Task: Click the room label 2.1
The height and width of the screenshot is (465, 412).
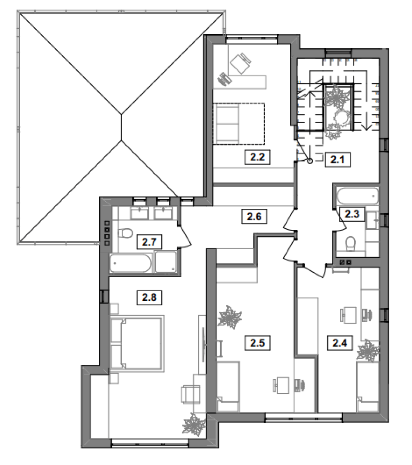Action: [x=337, y=160]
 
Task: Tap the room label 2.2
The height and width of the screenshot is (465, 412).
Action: [x=257, y=157]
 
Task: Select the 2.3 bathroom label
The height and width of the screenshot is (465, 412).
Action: [x=352, y=214]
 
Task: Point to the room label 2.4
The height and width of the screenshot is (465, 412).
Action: [x=340, y=343]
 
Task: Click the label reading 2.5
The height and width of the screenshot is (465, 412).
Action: [x=257, y=343]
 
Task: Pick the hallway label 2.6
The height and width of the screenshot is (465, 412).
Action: [x=254, y=216]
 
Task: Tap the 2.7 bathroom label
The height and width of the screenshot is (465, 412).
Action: [x=149, y=242]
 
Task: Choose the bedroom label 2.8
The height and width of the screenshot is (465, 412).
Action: [x=149, y=297]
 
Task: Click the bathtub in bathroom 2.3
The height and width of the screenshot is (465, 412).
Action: [x=358, y=196]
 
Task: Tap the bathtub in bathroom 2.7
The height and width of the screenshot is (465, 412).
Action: [x=130, y=263]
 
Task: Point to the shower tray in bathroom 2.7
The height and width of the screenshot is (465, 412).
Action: [x=166, y=262]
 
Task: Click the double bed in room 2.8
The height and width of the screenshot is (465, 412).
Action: [x=137, y=344]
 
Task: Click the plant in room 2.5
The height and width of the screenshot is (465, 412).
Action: [x=230, y=317]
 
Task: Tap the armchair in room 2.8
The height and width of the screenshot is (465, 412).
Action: [x=190, y=394]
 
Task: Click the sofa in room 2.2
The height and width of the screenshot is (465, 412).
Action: [x=239, y=123]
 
